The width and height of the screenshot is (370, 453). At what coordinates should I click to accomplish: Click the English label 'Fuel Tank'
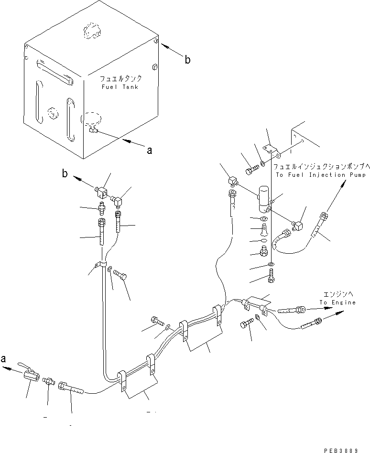[x=120, y=87]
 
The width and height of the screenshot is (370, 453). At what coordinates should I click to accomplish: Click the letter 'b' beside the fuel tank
[x=188, y=60]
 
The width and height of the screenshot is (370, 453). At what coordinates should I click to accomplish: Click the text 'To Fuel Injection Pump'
[x=321, y=175]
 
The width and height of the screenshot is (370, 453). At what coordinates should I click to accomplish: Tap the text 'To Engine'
[x=337, y=302]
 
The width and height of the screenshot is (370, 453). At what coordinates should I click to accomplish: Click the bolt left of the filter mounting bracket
[x=252, y=169]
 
